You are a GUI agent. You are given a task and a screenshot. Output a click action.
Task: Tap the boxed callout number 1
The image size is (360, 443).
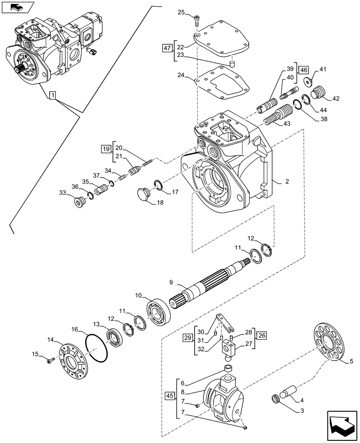[53, 95]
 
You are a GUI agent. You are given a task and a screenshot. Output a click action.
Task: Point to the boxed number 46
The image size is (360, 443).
[303, 70]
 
